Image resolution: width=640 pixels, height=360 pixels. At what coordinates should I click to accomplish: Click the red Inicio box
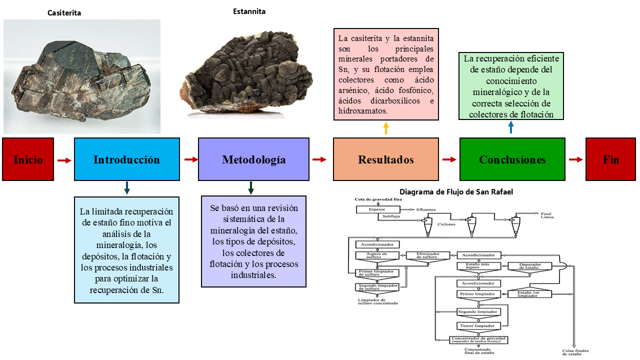tap(28, 159)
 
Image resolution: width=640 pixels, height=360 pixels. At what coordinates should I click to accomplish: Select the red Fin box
tap(610, 159)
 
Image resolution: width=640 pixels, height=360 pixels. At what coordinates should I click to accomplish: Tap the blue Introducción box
tap(126, 159)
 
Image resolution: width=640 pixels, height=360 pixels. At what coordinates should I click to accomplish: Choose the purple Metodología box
tap(253, 159)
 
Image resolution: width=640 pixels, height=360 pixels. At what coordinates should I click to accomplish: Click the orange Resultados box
tap(385, 159)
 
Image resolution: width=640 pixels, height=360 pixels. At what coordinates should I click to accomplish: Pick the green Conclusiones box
tap(512, 159)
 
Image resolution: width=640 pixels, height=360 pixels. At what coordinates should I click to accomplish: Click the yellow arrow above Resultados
tap(385, 128)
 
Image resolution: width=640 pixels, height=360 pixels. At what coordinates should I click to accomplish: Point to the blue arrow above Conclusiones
tap(510, 128)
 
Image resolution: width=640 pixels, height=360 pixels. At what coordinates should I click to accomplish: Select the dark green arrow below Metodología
tap(251, 187)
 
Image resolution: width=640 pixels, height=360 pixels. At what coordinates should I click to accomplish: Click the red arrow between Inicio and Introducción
tap(64, 160)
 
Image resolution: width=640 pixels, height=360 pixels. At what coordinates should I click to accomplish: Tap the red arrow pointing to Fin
tap(576, 159)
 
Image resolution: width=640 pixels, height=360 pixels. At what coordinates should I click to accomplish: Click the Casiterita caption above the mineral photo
tap(64, 13)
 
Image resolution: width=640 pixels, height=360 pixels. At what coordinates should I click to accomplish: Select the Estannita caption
tap(249, 11)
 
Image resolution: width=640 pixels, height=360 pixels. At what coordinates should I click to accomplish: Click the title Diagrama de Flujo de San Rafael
tap(456, 192)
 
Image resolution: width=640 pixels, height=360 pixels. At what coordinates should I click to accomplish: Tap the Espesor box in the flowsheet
tap(377, 209)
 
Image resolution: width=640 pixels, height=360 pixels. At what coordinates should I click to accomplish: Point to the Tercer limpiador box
tap(477, 326)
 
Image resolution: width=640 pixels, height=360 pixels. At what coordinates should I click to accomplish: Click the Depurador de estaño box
tap(528, 266)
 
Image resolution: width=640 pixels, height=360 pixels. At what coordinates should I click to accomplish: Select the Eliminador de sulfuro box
tap(429, 255)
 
